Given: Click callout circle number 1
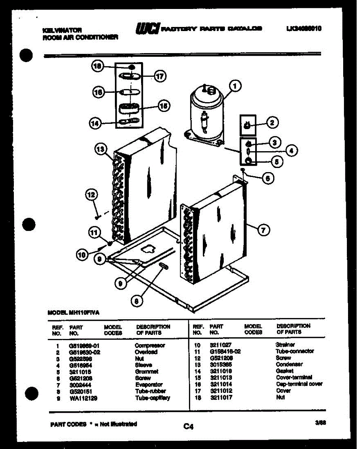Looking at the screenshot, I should click(235, 86).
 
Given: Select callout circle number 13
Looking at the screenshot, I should click(100, 150).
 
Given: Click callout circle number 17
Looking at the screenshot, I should click(160, 77).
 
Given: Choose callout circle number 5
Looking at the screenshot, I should click(277, 162).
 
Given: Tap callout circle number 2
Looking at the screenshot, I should click(273, 122).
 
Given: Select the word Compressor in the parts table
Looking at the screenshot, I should click(150, 345).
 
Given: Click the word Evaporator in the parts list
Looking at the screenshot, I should click(149, 385).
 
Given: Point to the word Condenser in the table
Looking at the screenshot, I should click(289, 364).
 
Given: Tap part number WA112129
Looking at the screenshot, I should click(83, 398).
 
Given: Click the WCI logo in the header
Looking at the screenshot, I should click(147, 28).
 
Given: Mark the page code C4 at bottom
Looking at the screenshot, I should click(188, 426).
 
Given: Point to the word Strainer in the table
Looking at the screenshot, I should click(285, 345).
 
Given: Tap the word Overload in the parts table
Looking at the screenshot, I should click(146, 352).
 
